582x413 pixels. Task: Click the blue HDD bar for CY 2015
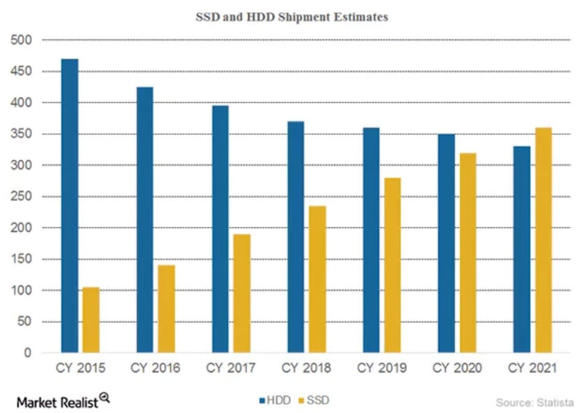click(69, 206)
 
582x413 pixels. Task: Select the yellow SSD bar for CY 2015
click(91, 320)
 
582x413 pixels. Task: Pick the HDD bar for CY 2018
click(295, 237)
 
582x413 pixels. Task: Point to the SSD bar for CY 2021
click(543, 240)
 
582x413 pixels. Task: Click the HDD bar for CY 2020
click(446, 243)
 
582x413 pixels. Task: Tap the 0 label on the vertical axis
click(28, 353)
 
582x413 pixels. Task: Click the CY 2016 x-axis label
click(155, 369)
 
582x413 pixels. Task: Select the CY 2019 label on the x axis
click(382, 369)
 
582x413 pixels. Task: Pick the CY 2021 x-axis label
click(532, 369)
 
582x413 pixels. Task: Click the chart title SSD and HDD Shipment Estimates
click(292, 18)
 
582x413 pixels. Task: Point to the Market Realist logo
click(63, 401)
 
